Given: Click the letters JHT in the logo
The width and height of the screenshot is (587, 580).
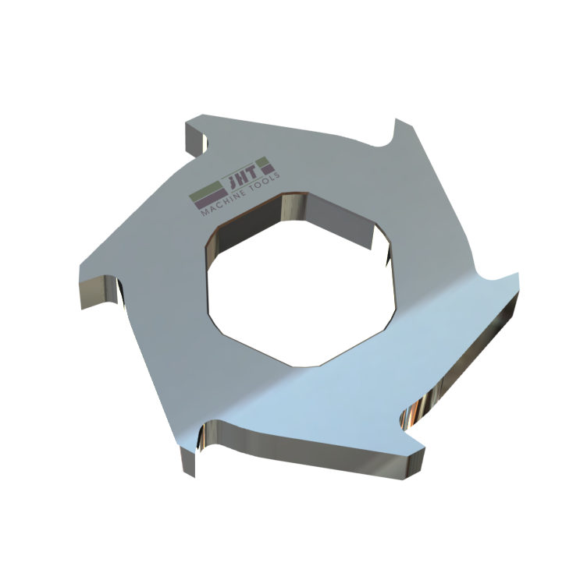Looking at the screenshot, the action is coord(244,173).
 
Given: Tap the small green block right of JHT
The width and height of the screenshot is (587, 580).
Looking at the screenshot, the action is coord(262,161).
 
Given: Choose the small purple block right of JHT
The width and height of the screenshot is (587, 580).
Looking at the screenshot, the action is coord(268,169).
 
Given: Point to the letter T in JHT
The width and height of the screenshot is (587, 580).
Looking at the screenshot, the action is coord(252,172).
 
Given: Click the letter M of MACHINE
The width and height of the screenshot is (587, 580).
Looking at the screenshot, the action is coord(205,212).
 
